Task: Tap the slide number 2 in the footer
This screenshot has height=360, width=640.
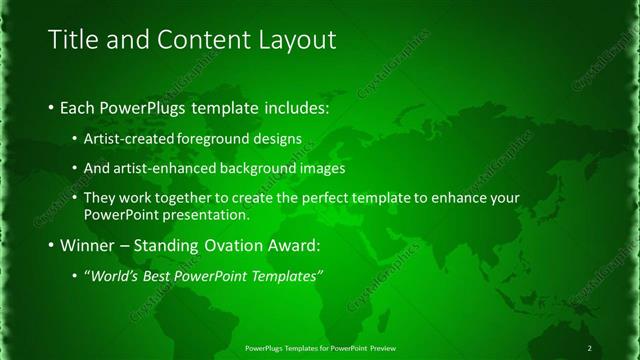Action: (x=590, y=347)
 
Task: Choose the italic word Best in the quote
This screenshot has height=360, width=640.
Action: (x=156, y=276)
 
